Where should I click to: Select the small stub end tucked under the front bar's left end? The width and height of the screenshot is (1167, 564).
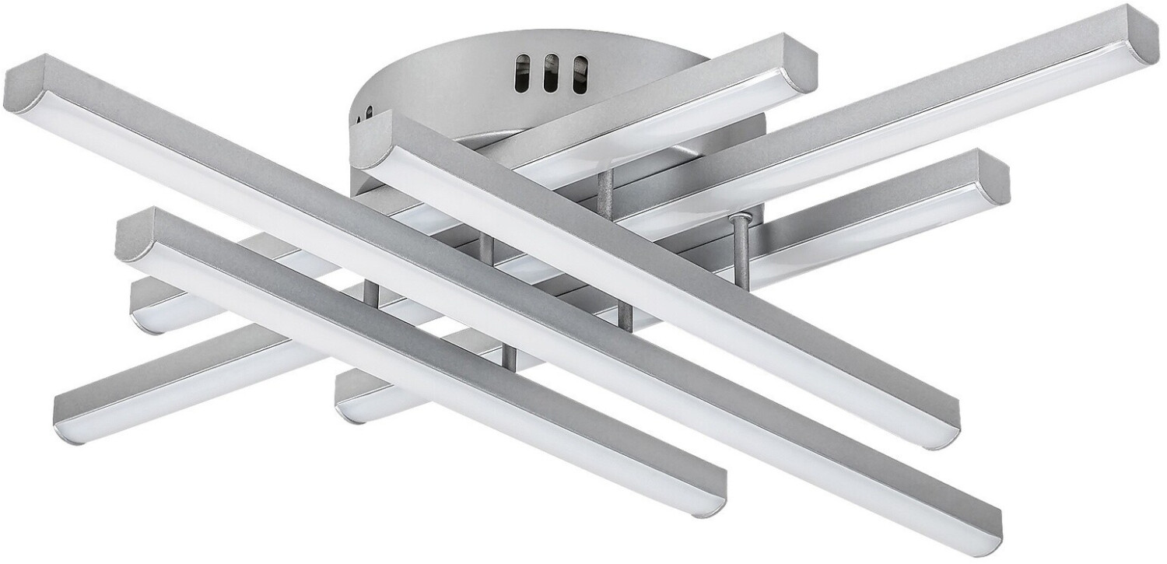pyautogui.click(x=148, y=311)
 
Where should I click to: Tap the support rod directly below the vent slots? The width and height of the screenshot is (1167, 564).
pyautogui.click(x=603, y=191)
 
